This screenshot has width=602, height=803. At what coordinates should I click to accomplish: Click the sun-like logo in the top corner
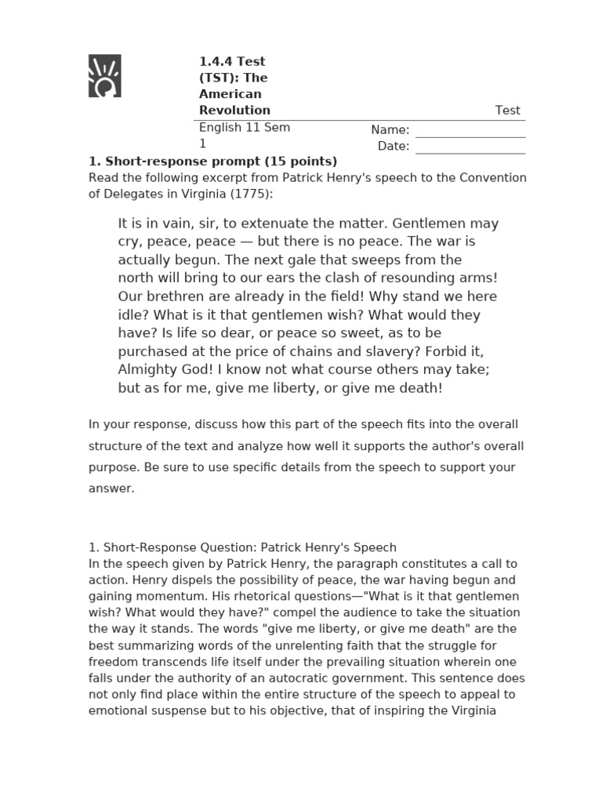(104, 76)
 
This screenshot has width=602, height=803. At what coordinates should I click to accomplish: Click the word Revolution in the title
(234, 111)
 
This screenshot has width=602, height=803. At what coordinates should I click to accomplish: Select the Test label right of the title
(507, 111)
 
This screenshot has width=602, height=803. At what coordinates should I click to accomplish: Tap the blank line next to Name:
(470, 130)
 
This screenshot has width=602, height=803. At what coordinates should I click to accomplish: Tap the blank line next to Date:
(470, 147)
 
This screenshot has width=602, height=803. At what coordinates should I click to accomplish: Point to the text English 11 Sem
(244, 127)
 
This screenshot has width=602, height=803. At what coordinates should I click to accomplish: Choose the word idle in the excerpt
(131, 315)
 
